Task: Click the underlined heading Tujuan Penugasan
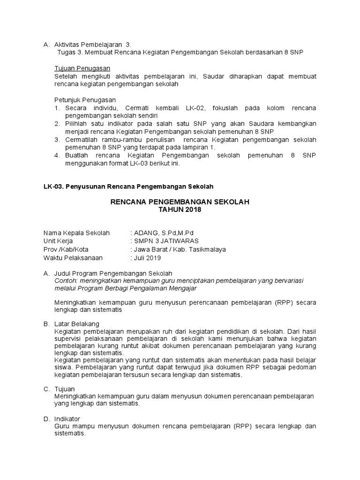[82, 68]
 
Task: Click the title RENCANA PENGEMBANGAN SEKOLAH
[180, 202]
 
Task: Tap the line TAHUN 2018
[180, 210]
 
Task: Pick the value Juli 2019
[147, 257]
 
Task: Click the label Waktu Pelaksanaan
[73, 257]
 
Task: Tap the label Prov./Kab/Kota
[66, 249]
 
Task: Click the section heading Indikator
[67, 419]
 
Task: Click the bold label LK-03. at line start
[52, 186]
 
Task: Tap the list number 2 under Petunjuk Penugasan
[56, 124]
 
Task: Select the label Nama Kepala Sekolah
[76, 233]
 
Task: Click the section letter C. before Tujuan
[46, 389]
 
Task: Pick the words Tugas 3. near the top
[67, 52]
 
